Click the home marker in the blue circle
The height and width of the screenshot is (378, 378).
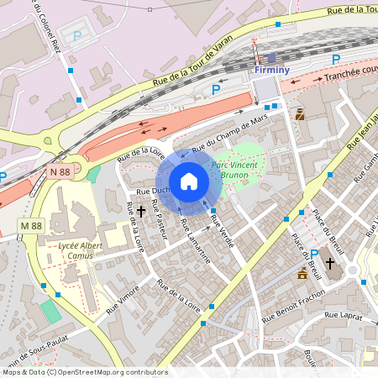[189, 181]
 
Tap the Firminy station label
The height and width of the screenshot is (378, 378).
[271, 71]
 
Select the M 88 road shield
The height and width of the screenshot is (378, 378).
[31, 226]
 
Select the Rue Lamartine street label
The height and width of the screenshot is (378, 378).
[195, 241]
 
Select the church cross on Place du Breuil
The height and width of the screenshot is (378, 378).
[329, 264]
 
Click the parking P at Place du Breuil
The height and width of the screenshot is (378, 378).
[313, 255]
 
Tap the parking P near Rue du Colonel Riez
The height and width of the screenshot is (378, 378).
[77, 36]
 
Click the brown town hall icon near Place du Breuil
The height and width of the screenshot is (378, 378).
[302, 273]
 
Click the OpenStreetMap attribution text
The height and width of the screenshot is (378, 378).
[84, 372]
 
